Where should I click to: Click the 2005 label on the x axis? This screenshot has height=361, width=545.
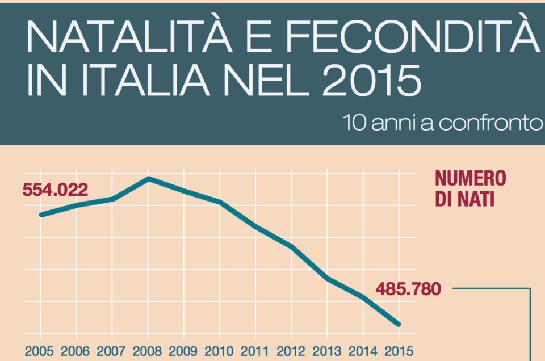click(40, 350)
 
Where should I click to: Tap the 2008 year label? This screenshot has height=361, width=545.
click(148, 350)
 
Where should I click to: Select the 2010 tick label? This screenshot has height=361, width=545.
click(219, 350)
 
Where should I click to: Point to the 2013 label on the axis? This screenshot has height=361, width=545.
click(327, 350)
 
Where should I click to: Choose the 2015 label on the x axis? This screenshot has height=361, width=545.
click(399, 350)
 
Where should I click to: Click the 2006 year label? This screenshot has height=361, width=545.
click(76, 350)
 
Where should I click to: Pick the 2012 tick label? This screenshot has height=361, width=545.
click(291, 350)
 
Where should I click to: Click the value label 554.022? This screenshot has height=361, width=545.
click(55, 190)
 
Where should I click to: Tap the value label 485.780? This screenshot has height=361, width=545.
click(408, 289)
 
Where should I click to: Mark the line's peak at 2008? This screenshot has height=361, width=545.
click(148, 179)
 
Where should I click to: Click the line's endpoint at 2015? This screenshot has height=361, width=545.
click(399, 324)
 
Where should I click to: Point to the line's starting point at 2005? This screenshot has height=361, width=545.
click(40, 215)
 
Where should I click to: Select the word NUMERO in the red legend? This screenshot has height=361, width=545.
click(470, 179)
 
